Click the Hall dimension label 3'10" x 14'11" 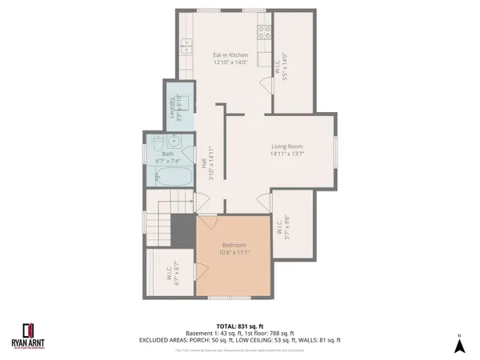212,164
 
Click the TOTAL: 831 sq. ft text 241,325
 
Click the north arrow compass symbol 459,345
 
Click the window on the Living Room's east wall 336,149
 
